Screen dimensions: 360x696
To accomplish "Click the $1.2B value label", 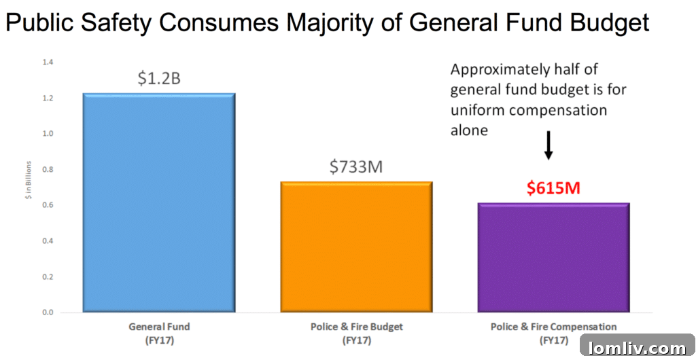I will point(159,78).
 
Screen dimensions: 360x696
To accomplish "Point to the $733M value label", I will point(356,166).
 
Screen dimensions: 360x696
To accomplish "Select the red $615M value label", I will point(553,187).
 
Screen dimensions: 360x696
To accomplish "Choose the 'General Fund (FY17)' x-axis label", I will point(159,332).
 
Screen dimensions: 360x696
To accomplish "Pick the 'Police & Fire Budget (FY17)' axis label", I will point(356,332).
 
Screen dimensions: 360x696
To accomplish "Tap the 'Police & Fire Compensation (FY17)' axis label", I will point(553,332).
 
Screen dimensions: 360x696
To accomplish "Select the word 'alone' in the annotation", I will point(469,130).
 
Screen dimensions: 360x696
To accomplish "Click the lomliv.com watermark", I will point(638,348).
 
